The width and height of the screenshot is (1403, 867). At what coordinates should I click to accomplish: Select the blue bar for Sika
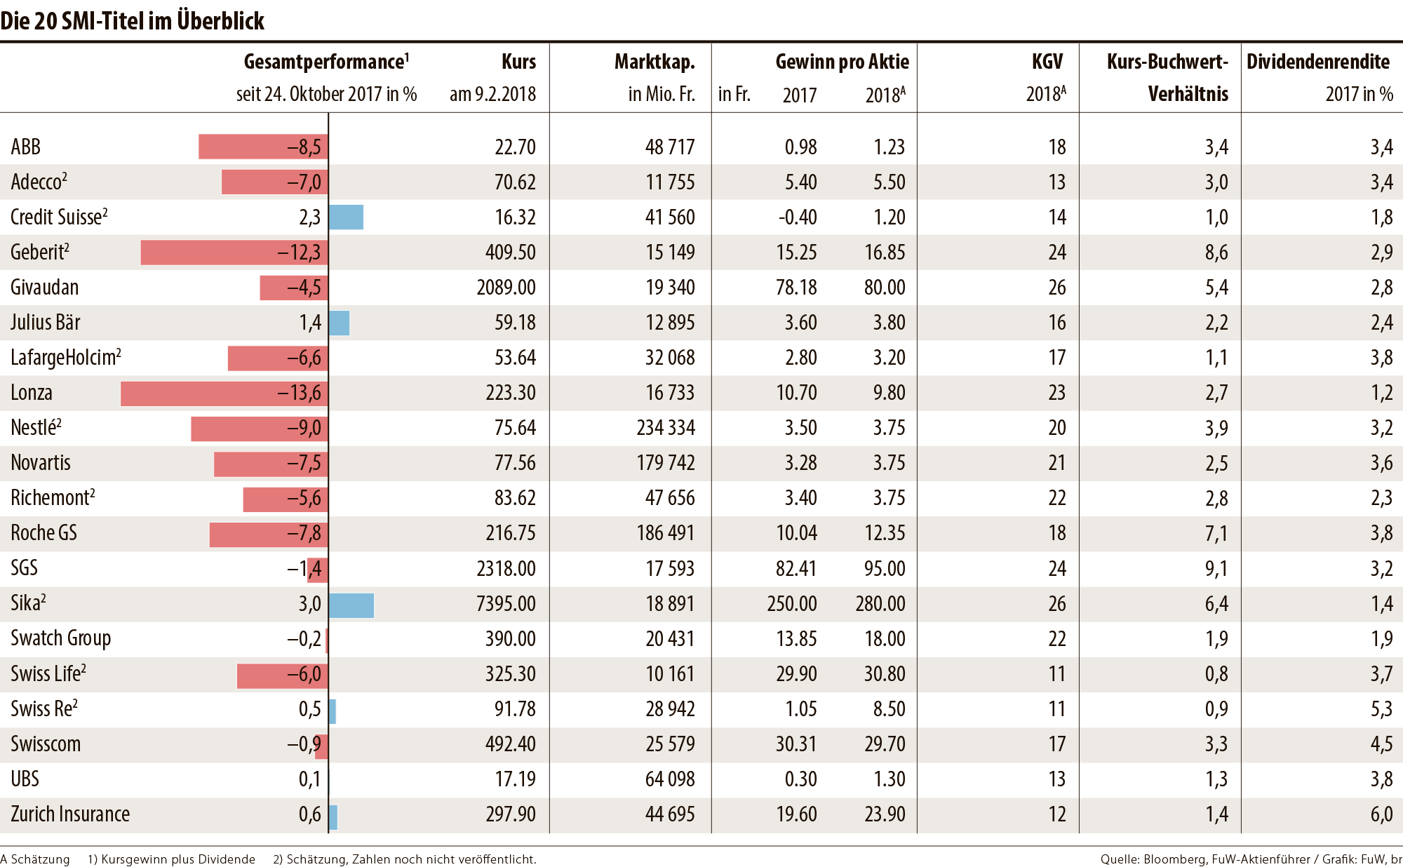tap(351, 605)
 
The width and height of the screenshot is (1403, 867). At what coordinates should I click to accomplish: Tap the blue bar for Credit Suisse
tap(346, 217)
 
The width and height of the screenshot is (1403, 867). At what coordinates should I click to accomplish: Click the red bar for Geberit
tap(210, 253)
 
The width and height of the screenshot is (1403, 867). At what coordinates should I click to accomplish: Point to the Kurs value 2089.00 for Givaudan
tap(506, 288)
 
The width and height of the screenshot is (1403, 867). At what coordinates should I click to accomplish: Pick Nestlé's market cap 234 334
tap(665, 428)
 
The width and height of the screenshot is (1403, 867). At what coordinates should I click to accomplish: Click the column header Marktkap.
tap(654, 62)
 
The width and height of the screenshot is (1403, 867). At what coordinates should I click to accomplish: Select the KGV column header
tap(1047, 62)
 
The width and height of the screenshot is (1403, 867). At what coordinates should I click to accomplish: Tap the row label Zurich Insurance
tap(70, 814)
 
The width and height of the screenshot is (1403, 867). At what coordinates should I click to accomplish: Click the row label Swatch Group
tap(61, 638)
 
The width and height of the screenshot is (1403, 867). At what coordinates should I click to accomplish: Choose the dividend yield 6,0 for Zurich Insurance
tap(1381, 814)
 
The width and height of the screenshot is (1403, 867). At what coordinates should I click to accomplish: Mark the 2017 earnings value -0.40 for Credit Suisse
tap(798, 217)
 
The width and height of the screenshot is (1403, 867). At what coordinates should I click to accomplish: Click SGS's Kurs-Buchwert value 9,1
tap(1216, 568)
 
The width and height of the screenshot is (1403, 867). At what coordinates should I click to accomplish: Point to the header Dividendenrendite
tap(1317, 62)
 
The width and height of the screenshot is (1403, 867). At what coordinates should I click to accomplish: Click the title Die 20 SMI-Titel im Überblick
tap(132, 21)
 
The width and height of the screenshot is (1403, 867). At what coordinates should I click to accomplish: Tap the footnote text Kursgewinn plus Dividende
tap(177, 859)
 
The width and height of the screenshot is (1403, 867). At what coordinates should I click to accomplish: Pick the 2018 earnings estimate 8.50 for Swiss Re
tap(889, 709)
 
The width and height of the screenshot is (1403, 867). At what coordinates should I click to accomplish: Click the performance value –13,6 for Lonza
tap(300, 394)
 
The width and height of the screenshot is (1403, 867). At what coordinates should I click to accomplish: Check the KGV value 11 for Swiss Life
tap(1056, 674)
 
